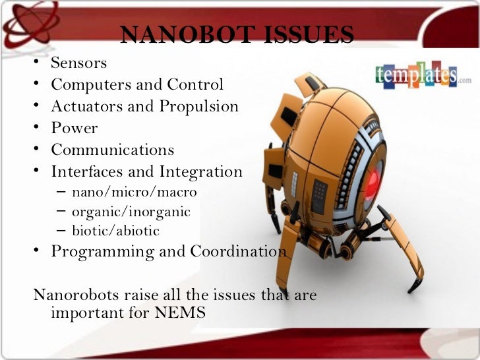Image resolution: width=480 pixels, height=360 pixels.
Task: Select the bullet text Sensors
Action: pos(78,63)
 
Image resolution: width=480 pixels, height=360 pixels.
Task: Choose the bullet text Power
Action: pos(74,129)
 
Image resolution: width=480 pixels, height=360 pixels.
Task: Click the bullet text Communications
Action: pos(112,150)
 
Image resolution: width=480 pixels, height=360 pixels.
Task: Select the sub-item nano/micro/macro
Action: pos(134,193)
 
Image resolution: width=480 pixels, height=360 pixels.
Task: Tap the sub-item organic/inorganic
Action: pos(131,212)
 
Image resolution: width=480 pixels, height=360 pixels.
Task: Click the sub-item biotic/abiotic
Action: pos(115,231)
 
